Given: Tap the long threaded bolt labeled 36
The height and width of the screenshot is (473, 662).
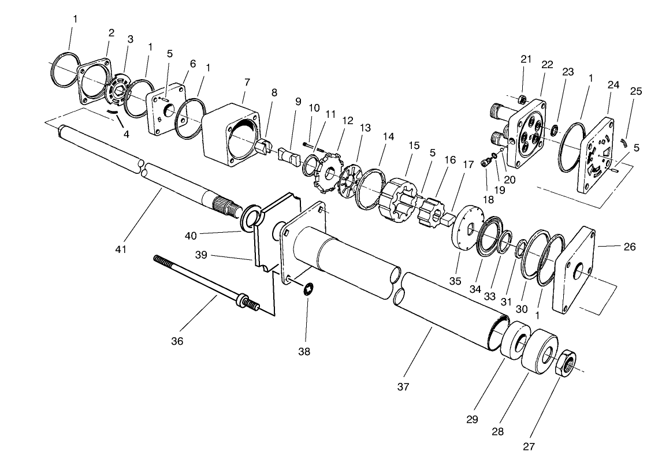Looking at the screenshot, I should pos(202,280).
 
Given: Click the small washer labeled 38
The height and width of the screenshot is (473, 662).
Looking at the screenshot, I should pos(307,287).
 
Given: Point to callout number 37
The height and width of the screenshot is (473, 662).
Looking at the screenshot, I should pos(403,387).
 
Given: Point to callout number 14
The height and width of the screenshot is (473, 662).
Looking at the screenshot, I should pos(388,137).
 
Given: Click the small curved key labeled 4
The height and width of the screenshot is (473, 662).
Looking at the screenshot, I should pos(116,112).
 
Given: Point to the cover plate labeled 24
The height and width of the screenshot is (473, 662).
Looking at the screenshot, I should pos(596,155).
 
